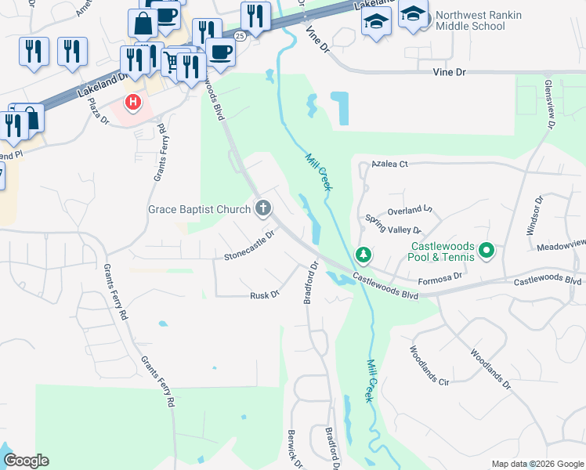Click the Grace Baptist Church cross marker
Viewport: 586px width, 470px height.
(263, 208)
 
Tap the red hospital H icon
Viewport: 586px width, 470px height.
(134, 102)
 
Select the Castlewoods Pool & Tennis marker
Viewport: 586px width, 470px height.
(487, 251)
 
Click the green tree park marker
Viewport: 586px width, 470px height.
(364, 255)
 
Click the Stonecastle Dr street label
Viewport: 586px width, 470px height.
(250, 245)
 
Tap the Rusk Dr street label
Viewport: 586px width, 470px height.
(265, 295)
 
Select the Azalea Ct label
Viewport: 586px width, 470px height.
(391, 164)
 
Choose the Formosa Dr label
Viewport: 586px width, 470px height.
(442, 277)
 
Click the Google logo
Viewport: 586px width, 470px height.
(26, 461)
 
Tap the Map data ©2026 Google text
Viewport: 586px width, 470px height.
(537, 464)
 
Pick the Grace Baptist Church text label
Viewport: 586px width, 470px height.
(200, 209)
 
